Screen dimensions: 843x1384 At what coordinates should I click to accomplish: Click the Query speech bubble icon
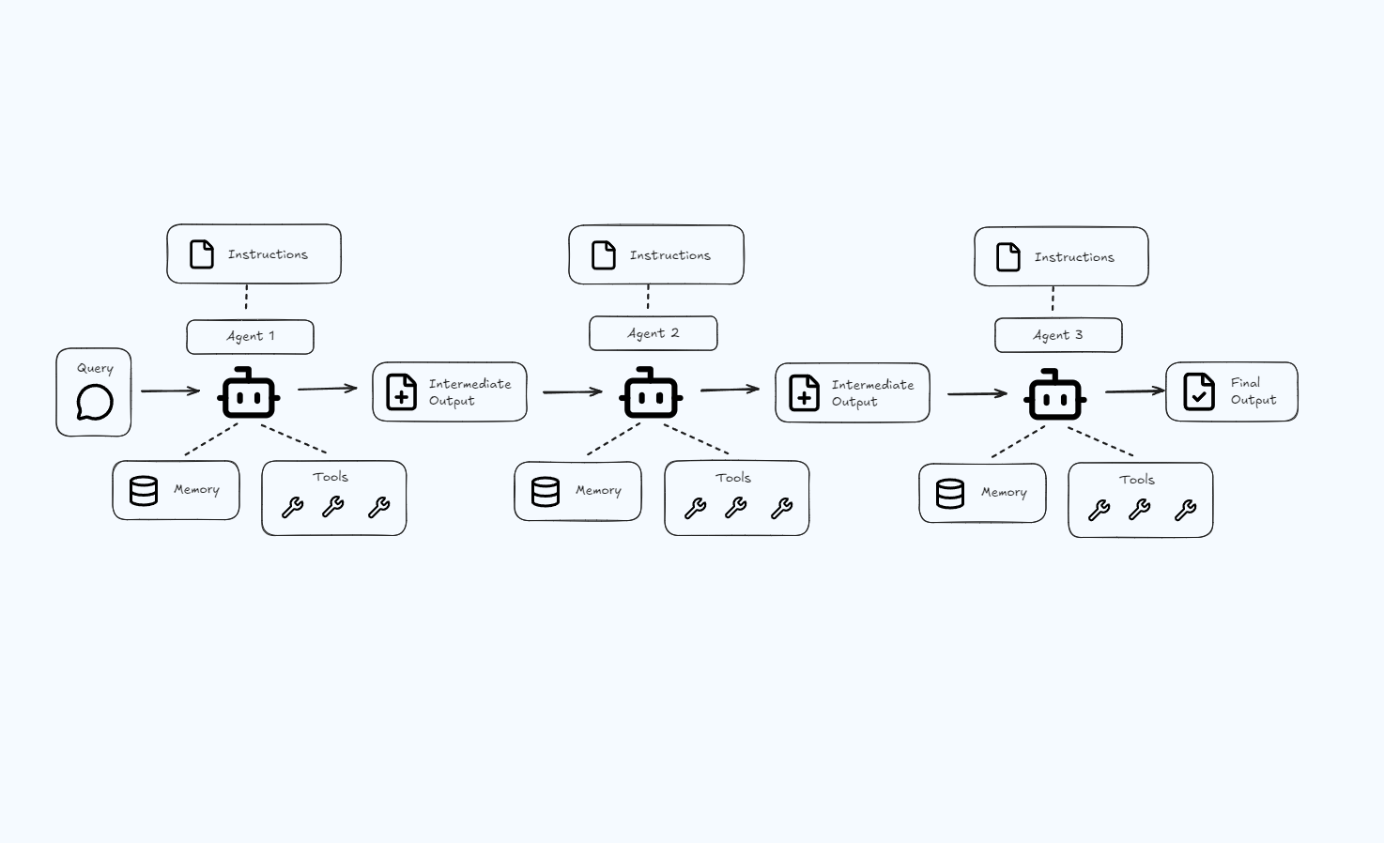point(95,403)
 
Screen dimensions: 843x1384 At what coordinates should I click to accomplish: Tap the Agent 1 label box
point(250,337)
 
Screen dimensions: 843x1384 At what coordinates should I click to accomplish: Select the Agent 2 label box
point(653,333)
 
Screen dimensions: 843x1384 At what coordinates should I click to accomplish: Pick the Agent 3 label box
point(1058,335)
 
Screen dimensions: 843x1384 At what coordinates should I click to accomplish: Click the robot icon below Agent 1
point(249,394)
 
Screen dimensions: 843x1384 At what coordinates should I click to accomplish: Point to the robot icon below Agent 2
point(652,394)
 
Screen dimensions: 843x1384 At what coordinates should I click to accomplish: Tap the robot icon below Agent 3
point(1056,396)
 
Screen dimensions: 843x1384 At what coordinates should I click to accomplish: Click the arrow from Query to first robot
point(170,391)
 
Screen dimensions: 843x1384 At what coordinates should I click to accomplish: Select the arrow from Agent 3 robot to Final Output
point(1134,391)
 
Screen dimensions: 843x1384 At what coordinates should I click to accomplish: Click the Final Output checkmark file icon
point(1199,392)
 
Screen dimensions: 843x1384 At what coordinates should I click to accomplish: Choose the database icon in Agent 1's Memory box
point(144,490)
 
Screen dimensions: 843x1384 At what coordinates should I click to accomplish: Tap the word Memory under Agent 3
point(1004,492)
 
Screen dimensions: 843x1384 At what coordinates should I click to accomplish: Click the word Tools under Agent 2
point(733,478)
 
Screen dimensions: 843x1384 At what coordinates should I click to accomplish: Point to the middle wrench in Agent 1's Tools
point(333,508)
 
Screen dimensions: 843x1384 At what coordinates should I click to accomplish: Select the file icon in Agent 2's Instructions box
point(604,255)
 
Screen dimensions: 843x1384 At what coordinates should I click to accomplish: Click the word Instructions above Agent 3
point(1074,257)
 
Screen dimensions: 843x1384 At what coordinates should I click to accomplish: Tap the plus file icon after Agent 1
point(402,392)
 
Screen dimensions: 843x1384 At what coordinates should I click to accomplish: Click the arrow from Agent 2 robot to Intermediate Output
point(730,390)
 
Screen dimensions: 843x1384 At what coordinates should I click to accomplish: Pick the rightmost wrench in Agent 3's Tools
point(1186,510)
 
